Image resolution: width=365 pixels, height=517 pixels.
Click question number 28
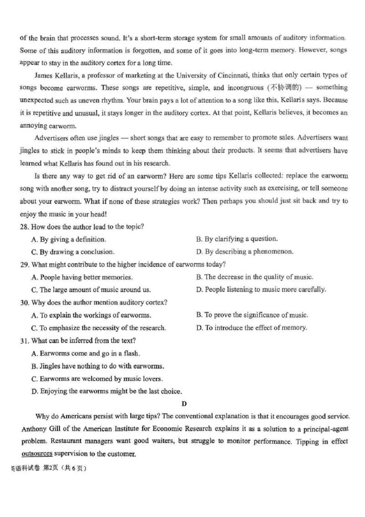coord(24,227)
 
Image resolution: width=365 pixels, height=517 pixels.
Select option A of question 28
coord(68,239)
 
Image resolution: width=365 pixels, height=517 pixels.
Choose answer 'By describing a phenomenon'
coord(245,252)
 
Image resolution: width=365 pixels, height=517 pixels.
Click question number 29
coord(24,264)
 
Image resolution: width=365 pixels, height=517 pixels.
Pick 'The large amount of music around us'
coord(91,290)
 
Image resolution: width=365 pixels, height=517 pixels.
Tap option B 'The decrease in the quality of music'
coord(255,277)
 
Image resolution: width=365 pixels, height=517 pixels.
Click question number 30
coord(24,302)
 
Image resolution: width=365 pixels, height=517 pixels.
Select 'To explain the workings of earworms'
coord(91,315)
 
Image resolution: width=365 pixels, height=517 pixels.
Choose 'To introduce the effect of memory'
coord(251,327)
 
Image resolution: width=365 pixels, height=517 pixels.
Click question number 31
coord(24,340)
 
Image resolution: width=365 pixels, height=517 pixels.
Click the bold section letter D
coord(184,403)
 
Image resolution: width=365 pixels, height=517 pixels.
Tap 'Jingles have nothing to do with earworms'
coord(96,366)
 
